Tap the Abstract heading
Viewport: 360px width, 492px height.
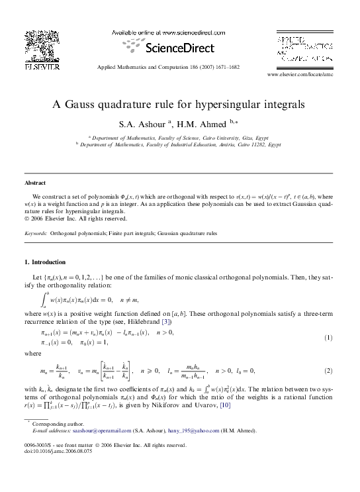coord(35,182)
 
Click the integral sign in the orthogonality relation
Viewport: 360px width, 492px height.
coord(46,299)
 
